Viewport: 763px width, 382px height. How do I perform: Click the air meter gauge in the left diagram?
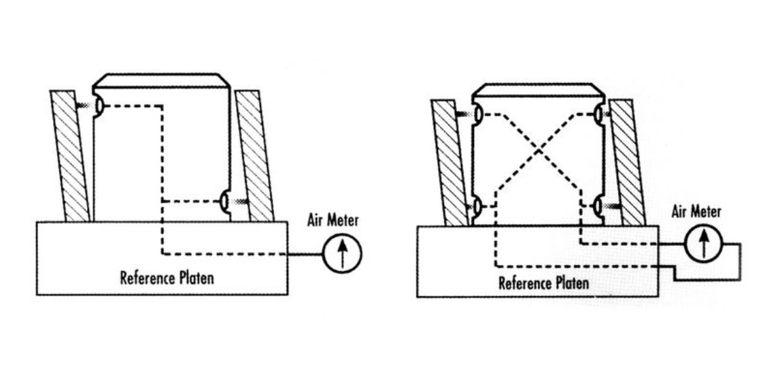tap(342, 255)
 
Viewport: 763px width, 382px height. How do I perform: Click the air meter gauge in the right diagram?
tap(703, 244)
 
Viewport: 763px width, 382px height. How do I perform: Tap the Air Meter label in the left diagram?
tap(333, 221)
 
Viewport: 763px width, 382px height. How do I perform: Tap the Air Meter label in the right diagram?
tap(696, 212)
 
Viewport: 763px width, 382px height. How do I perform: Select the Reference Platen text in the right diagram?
tap(544, 283)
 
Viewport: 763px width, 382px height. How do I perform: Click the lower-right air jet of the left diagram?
tap(224, 201)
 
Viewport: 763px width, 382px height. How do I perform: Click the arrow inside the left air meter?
tap(342, 255)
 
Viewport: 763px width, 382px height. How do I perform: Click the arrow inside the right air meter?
tap(703, 244)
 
